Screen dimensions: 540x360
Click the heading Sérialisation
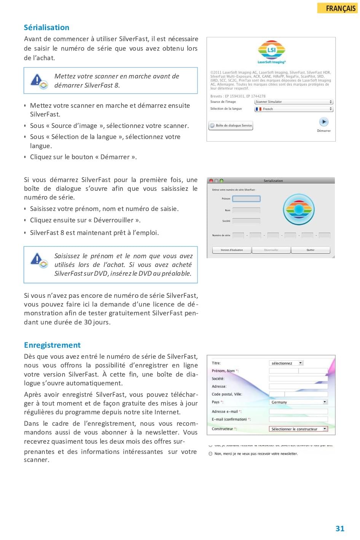pyautogui.click(x=46, y=27)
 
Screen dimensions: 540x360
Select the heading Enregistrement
pyautogui.click(x=52, y=345)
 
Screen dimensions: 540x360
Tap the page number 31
pyautogui.click(x=340, y=529)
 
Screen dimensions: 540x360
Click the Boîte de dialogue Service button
pyautogui.click(x=231, y=126)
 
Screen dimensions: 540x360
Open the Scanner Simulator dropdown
pyautogui.click(x=293, y=102)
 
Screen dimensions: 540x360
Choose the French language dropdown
pyautogui.click(x=293, y=109)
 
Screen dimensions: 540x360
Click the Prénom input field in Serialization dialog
pyautogui.click(x=246, y=199)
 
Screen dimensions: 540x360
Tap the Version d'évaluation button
pyautogui.click(x=231, y=250)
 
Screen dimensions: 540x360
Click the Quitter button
pyautogui.click(x=310, y=250)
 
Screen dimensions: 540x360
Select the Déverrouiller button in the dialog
pyautogui.click(x=271, y=250)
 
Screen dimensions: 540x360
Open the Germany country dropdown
pyautogui.click(x=298, y=402)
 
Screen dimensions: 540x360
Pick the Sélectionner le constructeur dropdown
pyautogui.click(x=298, y=429)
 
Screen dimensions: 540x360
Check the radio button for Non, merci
pyautogui.click(x=210, y=454)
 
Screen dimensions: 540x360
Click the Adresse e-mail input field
pyautogui.click(x=298, y=412)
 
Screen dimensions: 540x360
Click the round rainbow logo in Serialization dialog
pyautogui.click(x=299, y=209)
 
